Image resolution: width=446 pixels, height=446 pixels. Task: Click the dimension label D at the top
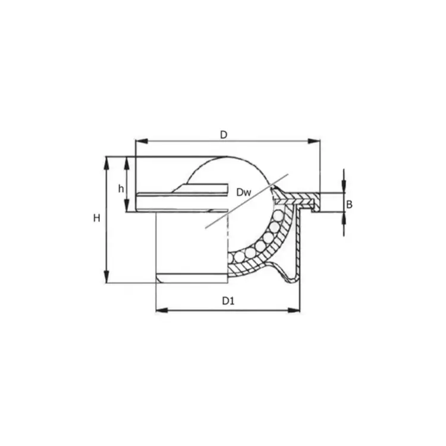224,134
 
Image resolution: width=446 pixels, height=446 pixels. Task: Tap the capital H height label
96,218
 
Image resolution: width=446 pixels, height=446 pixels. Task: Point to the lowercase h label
121,189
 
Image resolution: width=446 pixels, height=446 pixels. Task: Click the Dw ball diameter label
243,191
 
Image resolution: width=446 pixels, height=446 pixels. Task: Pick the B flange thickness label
350,205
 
